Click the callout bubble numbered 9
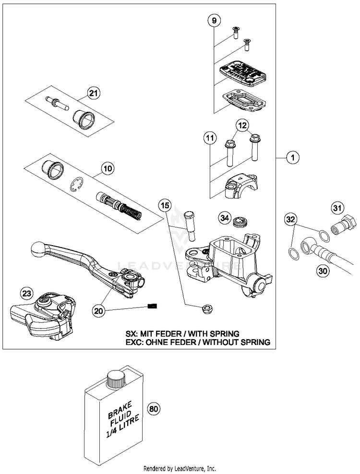[x=214, y=21]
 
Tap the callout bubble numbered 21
[x=94, y=93]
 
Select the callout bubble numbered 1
[x=292, y=157]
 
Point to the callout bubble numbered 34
[x=225, y=218]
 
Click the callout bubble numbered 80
[x=154, y=409]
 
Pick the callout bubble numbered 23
[x=26, y=293]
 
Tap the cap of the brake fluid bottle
[x=116, y=379]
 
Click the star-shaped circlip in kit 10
[x=77, y=185]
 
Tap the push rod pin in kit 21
[x=57, y=103]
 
